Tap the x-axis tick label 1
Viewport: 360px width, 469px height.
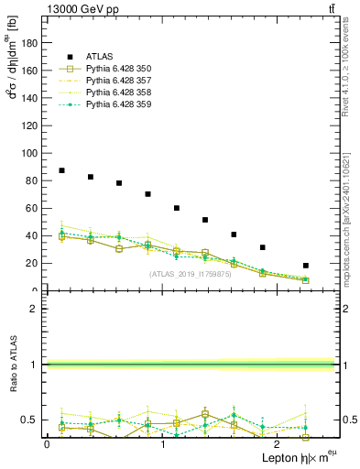pos(162,444)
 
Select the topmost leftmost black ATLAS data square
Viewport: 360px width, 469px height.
pos(61,170)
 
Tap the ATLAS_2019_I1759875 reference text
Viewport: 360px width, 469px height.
pos(190,274)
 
